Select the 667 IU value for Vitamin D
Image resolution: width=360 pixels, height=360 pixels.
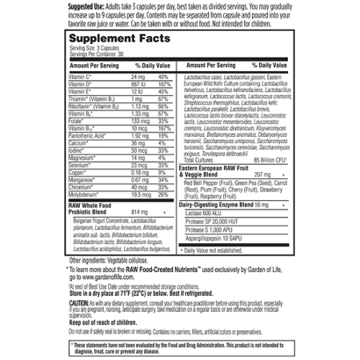[141, 82]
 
